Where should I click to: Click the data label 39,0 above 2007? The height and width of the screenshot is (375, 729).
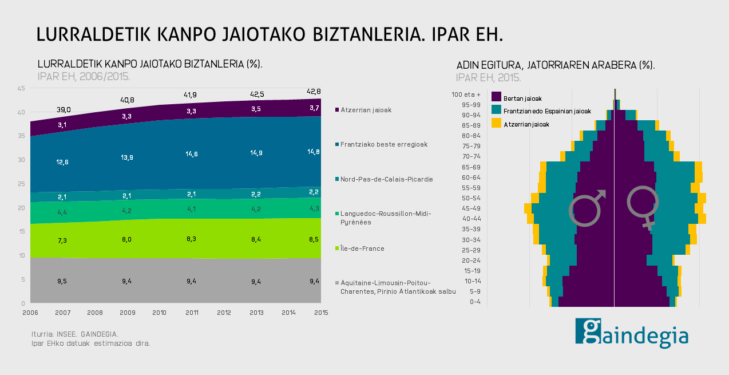coord(64,109)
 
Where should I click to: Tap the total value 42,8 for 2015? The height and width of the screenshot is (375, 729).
coord(314,92)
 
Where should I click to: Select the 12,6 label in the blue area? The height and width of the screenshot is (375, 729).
coord(63,162)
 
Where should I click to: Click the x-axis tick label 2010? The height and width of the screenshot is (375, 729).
coord(159,313)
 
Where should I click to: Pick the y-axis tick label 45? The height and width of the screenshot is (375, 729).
coord(21,88)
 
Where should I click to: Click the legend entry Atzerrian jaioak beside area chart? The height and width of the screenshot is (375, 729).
coord(366,109)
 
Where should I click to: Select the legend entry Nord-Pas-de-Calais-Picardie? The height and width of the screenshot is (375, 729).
coord(386,179)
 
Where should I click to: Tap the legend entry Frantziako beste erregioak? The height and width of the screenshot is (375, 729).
coord(384,144)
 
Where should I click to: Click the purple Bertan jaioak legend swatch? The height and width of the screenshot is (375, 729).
coord(496,98)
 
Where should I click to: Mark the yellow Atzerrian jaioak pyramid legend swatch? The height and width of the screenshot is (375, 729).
coord(496,123)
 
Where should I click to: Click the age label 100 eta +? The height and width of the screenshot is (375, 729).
coord(466,94)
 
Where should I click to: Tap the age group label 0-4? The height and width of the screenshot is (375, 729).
coord(475,301)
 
